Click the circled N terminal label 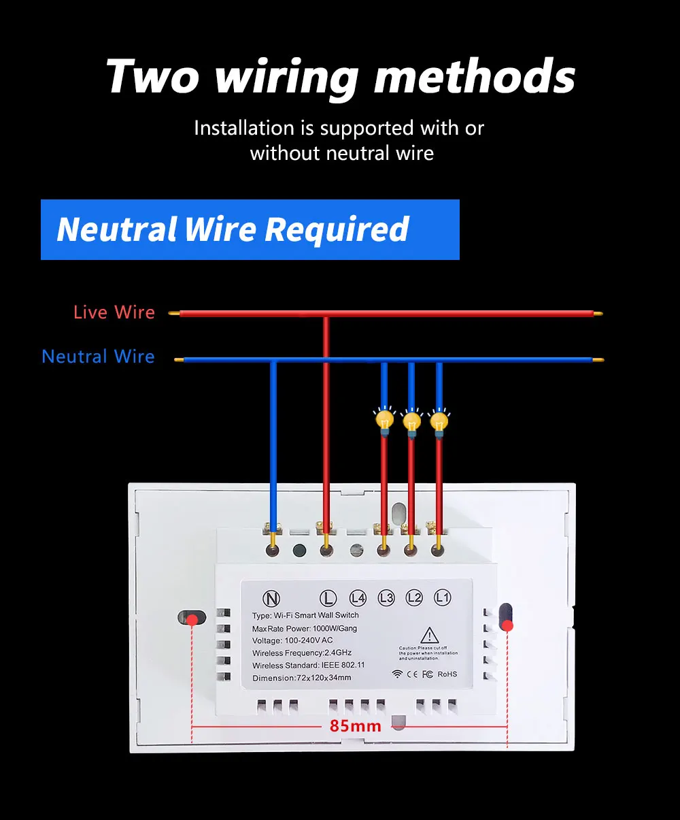tap(271, 599)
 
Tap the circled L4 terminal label tap(358, 598)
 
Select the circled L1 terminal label tap(443, 597)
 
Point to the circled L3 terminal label tap(386, 598)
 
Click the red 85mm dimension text tap(355, 726)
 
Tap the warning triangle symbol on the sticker tap(429, 636)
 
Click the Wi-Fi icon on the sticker tap(397, 674)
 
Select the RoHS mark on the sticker tap(447, 674)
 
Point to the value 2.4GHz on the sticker tap(338, 653)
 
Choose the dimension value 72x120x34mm tap(324, 678)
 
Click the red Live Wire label tap(114, 312)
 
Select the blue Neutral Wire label tap(99, 357)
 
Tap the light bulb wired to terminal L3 tap(385, 420)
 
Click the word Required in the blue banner tap(337, 229)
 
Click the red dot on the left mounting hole tap(193, 619)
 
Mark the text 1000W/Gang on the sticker tap(335, 628)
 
